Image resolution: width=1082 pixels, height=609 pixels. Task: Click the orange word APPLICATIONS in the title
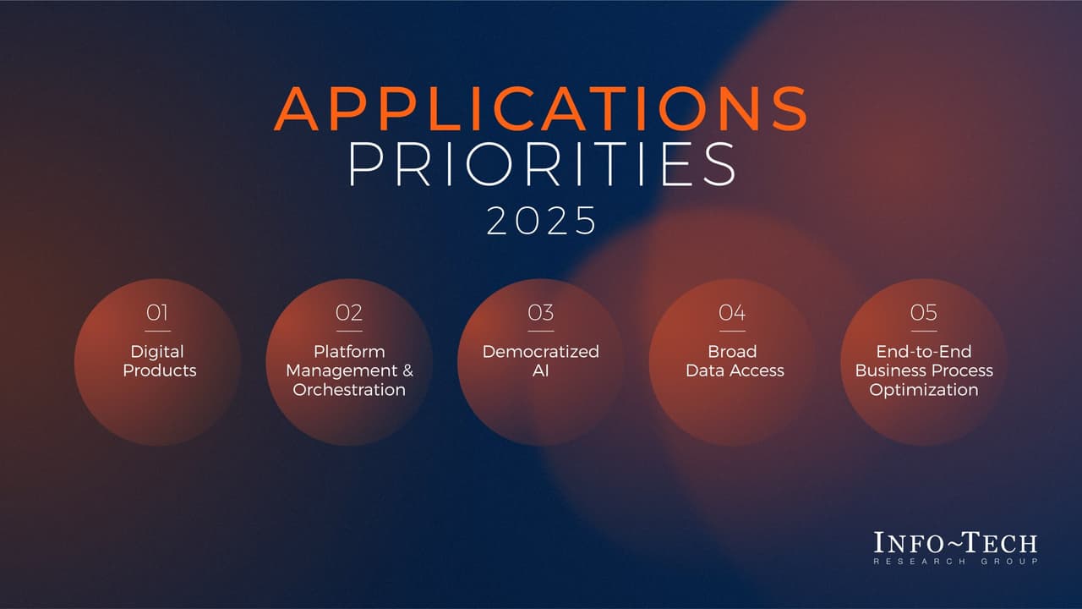coord(541,108)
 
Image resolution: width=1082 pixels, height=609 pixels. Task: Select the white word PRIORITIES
coord(541,164)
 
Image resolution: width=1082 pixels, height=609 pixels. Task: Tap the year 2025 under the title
coord(541,222)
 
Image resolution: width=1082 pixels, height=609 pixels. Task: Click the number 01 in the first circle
coord(157,313)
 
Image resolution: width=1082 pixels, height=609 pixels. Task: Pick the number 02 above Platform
coord(349,313)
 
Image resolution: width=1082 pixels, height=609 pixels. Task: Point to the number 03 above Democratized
coord(541,313)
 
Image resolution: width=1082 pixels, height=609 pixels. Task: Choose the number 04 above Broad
coord(732,313)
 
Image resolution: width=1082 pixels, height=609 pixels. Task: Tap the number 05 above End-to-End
coord(924,313)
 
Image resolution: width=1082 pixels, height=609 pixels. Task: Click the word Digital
coord(157,351)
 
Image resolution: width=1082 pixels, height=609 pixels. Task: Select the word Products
coord(159,370)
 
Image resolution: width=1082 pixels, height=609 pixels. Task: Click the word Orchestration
coord(349,390)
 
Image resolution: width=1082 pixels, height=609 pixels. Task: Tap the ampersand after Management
coord(407,370)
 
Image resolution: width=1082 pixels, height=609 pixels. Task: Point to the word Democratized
coord(541,351)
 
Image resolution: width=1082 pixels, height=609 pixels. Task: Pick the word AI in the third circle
coord(541,370)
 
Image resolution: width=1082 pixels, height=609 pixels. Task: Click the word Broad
coord(732,351)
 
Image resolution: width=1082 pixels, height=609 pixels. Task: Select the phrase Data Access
coord(735,370)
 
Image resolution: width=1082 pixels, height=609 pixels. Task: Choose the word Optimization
coord(924,390)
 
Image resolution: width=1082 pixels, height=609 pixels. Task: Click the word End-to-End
coord(924,351)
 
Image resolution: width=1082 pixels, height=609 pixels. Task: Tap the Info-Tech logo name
coord(955,543)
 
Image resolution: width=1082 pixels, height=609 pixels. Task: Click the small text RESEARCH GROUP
coord(955,562)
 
